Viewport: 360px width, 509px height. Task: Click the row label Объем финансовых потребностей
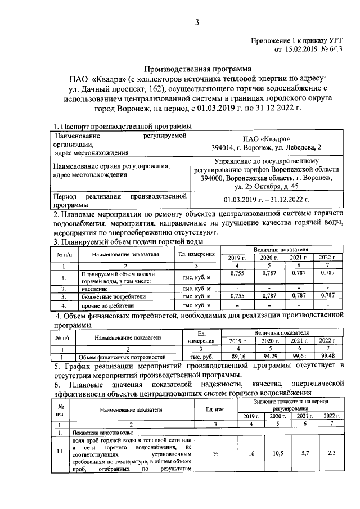tap(121, 357)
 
